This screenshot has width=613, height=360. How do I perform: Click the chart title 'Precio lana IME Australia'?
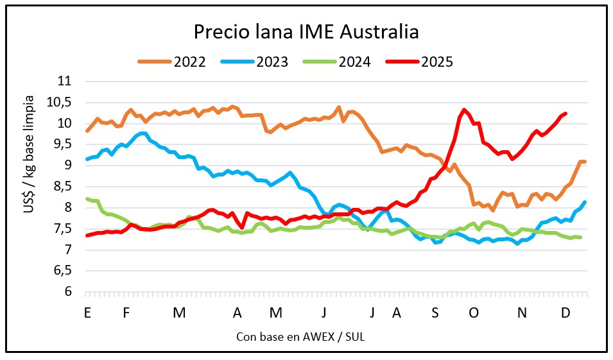(306, 31)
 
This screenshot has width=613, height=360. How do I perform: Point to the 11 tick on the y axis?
(65, 81)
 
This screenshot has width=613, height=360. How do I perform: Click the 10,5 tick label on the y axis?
(61, 103)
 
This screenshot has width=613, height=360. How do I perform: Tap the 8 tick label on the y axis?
(69, 207)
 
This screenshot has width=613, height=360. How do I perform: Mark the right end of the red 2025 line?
(566, 114)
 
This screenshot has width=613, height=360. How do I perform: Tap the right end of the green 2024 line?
(580, 237)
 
